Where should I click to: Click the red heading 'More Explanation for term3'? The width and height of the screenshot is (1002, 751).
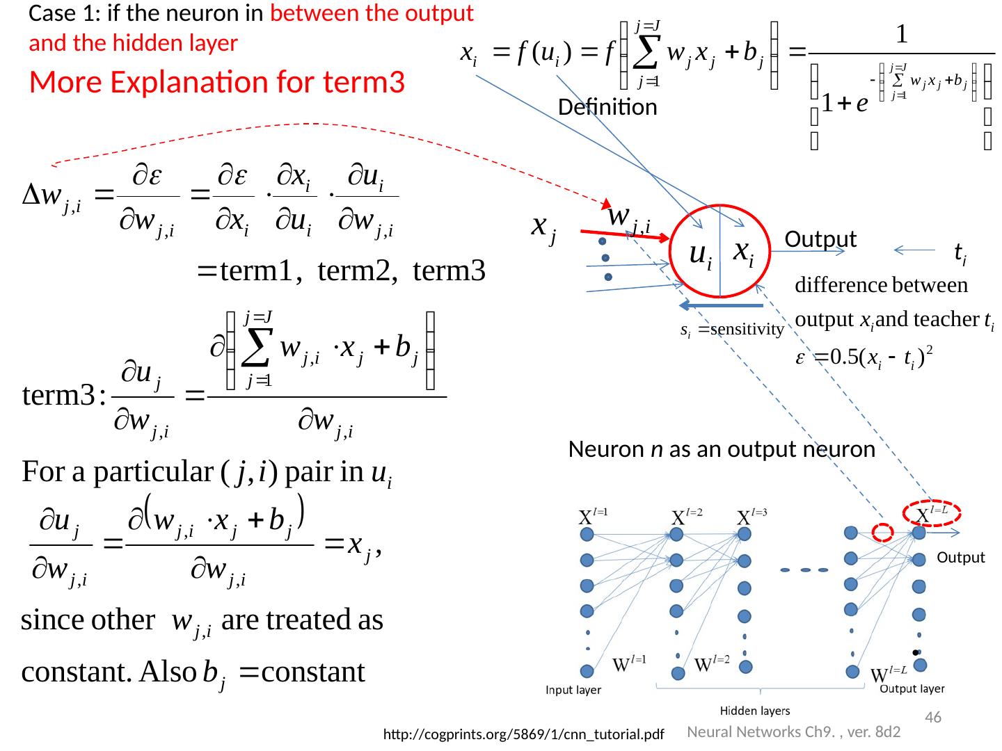pyautogui.click(x=217, y=83)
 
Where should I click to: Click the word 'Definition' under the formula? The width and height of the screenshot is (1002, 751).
pyautogui.click(x=607, y=107)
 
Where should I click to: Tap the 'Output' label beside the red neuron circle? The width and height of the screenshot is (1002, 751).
pyautogui.click(x=820, y=239)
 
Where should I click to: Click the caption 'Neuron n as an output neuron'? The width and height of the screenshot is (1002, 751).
pyautogui.click(x=721, y=450)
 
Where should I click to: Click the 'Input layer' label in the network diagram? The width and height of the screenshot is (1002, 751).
pyautogui.click(x=573, y=690)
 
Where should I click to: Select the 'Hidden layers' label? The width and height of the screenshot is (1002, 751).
pyautogui.click(x=754, y=711)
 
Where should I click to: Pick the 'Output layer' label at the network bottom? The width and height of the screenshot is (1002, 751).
pyautogui.click(x=912, y=688)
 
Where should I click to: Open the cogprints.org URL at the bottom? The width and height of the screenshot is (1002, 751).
pyautogui.click(x=524, y=734)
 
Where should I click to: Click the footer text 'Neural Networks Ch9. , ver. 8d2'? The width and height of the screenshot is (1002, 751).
pyautogui.click(x=794, y=732)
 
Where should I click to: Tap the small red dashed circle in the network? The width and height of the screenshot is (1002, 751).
pyautogui.click(x=882, y=533)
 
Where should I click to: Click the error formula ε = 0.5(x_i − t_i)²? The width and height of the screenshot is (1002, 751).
pyautogui.click(x=863, y=356)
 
